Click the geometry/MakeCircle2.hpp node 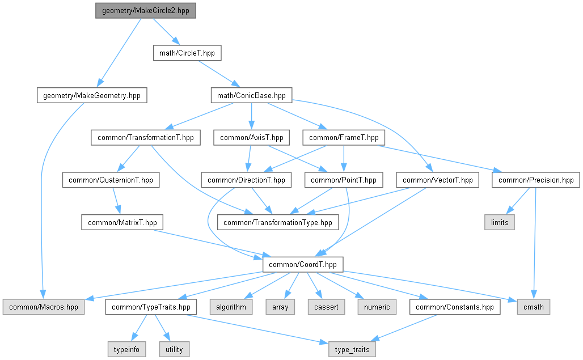coord(146,11)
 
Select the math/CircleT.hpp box coord(187,53)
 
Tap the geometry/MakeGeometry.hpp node coord(91,95)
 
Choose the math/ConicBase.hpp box coord(251,95)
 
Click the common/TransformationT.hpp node coord(146,138)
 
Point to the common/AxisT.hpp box coord(251,138)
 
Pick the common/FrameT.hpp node coord(344,138)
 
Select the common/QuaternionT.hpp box coord(111,180)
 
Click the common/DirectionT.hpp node coord(246,180)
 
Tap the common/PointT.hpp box coord(344,180)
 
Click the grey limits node coord(500,223)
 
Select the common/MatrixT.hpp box coord(122,223)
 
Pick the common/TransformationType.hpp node coord(278,223)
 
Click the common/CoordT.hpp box coord(302,264)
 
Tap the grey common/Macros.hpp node coord(43,307)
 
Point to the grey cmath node coord(534,307)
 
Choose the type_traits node coord(352,349)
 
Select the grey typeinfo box coord(126,349)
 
